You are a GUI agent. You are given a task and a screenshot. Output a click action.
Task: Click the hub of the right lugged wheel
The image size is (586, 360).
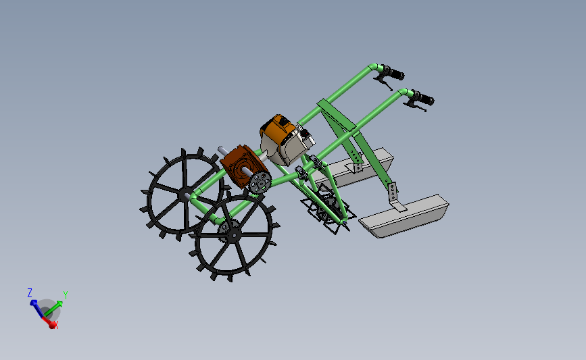point(233,234)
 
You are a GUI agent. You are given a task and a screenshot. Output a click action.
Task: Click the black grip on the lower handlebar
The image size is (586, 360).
point(424,99)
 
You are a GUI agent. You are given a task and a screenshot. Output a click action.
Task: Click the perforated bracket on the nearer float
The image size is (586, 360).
point(393,194)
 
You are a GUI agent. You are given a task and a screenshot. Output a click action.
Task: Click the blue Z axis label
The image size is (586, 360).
point(30,292)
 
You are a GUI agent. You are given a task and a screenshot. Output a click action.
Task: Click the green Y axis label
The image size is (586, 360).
point(65,294)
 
